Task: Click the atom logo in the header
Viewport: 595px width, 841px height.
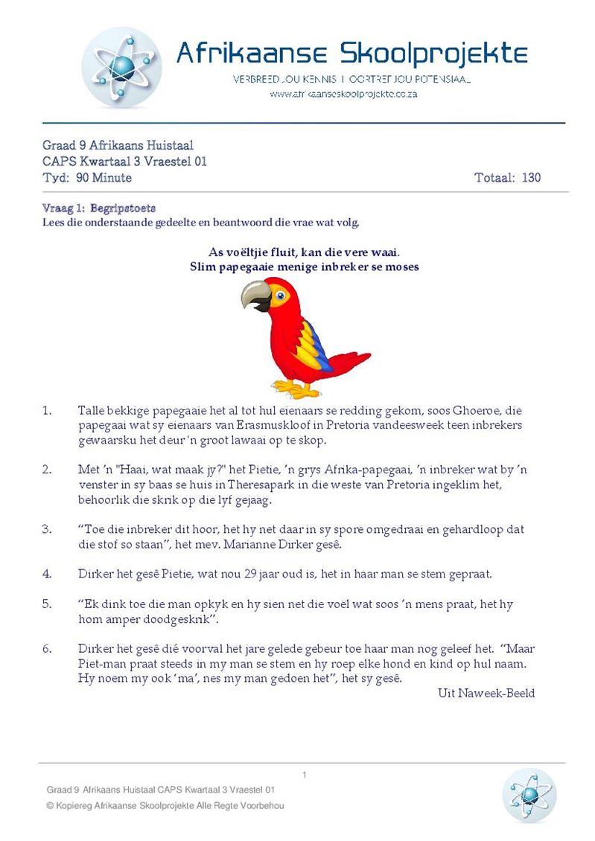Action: [x=121, y=68]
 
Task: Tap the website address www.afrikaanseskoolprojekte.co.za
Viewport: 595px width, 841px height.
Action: [x=343, y=95]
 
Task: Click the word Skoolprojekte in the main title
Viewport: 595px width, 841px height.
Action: [x=434, y=54]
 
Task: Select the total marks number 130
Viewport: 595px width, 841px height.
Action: [x=531, y=178]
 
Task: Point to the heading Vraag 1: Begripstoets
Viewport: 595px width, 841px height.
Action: [x=99, y=208]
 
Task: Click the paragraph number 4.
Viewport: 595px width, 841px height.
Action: [x=47, y=574]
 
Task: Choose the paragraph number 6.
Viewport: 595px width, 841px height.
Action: [x=47, y=648]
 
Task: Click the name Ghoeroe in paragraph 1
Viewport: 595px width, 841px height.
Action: [x=477, y=411]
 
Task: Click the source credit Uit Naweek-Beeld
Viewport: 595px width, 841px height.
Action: [x=486, y=693]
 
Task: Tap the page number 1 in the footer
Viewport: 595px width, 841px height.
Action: [x=305, y=776]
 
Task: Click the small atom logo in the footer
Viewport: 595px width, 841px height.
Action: [x=529, y=795]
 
